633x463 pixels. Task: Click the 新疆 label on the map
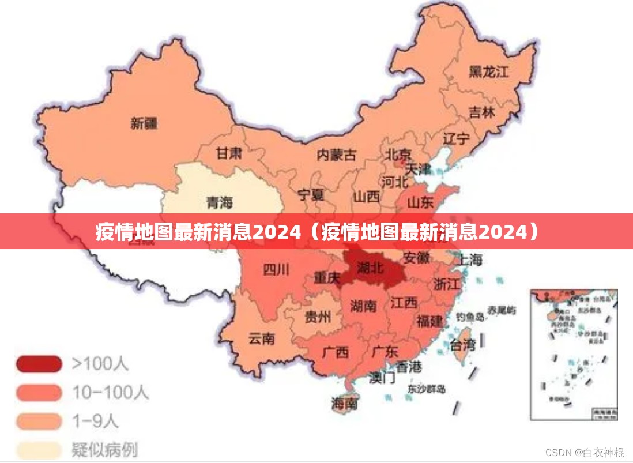144,123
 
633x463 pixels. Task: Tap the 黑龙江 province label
488,71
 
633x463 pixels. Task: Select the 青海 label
219,202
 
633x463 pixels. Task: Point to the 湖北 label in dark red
370,267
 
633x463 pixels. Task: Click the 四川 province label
276,269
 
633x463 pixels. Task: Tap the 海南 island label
344,404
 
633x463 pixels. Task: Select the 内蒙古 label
336,155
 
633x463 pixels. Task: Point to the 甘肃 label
229,153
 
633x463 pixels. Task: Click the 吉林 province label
481,112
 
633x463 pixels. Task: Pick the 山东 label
420,202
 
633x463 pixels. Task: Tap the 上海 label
470,260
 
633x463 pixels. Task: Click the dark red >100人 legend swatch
39,364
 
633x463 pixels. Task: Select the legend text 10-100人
110,393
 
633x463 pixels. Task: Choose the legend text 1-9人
95,421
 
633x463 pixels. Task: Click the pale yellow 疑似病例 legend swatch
39,449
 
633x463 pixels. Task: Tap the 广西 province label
335,352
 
